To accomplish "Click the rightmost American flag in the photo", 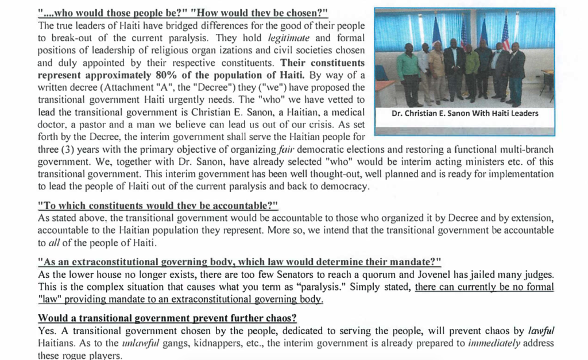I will [x=505, y=34].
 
